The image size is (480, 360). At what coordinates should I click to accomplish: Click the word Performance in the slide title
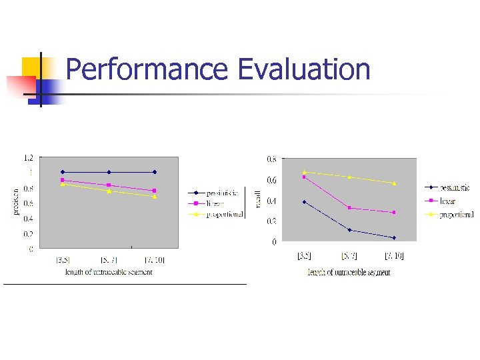click(x=147, y=70)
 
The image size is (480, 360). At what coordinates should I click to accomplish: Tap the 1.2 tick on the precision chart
click(x=29, y=158)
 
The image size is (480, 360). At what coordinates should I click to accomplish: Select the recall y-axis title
click(x=258, y=198)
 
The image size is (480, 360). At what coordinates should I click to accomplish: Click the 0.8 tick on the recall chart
click(x=272, y=159)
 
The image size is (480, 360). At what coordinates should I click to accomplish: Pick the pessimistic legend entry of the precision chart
click(x=221, y=193)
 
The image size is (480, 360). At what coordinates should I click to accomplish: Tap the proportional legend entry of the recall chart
click(x=457, y=215)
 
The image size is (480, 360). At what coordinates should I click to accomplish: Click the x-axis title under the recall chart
click(x=349, y=272)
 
